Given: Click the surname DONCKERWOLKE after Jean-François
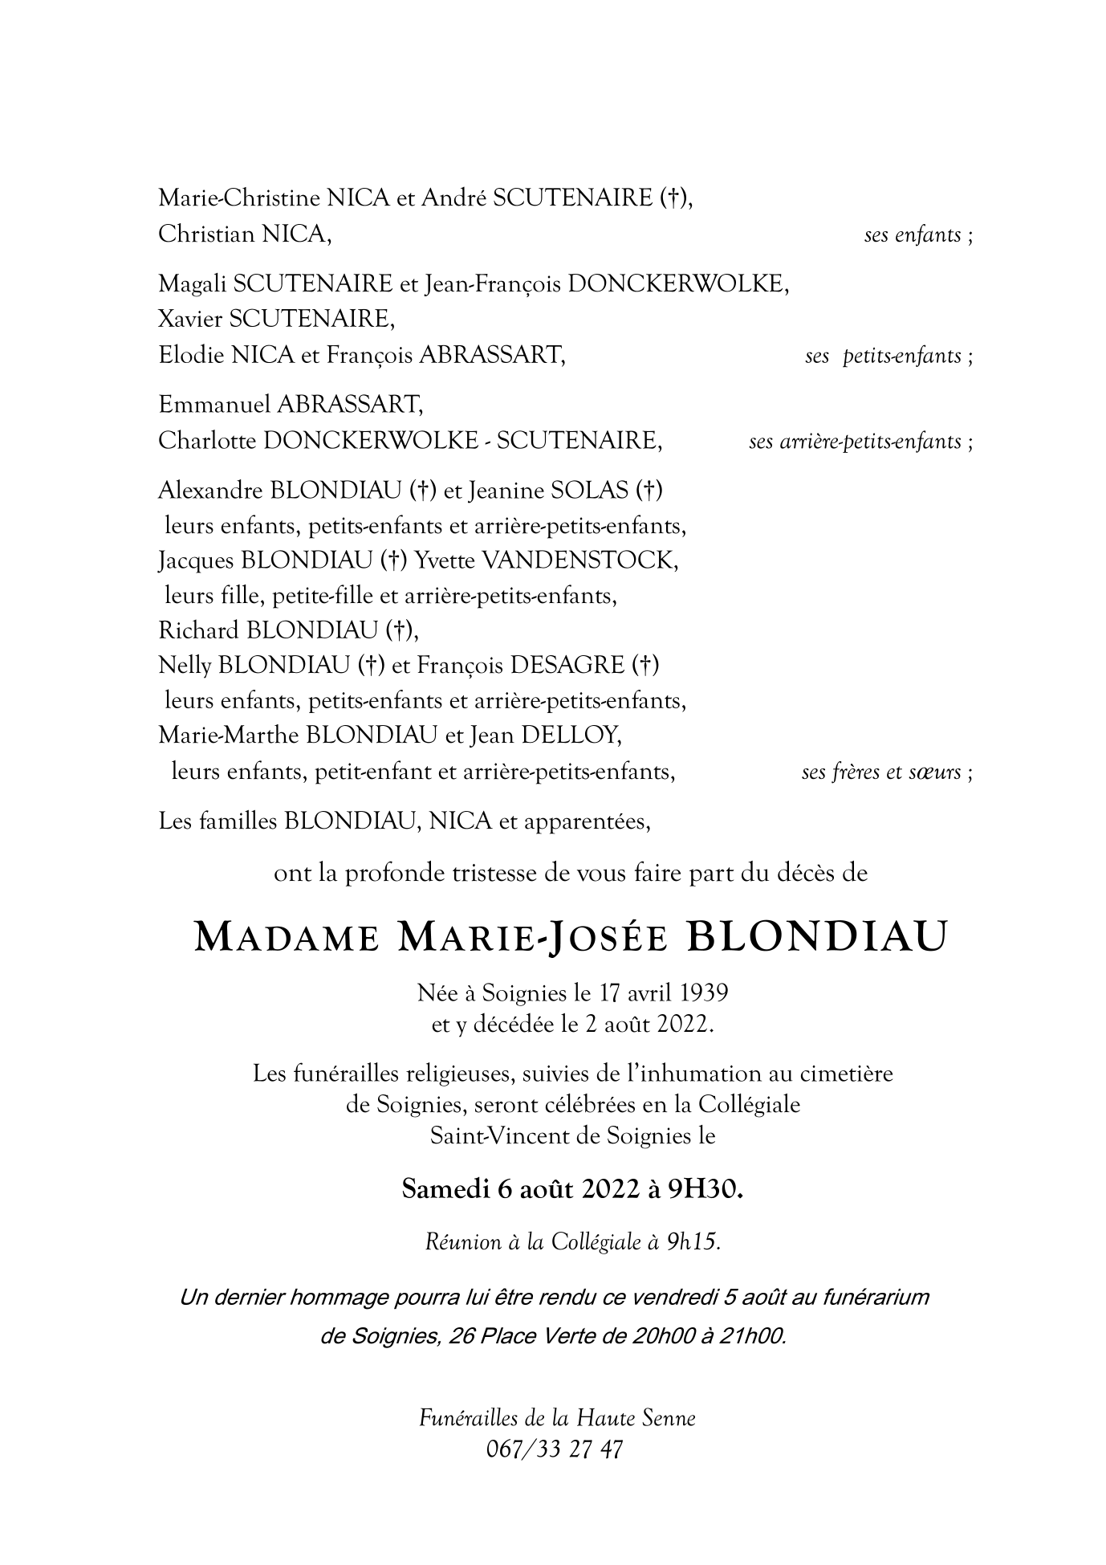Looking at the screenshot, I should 676,284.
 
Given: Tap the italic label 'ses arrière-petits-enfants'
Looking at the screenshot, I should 855,442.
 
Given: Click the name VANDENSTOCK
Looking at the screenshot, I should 577,560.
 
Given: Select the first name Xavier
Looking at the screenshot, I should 190,320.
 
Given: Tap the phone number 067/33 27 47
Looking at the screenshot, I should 554,1450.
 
